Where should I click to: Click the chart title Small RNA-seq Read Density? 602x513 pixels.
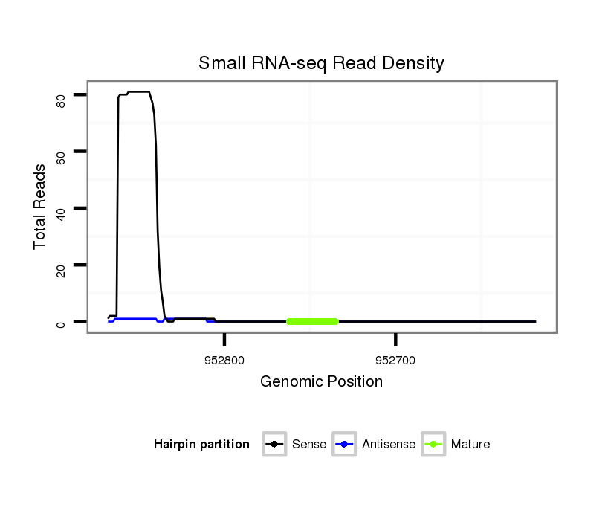pyautogui.click(x=321, y=63)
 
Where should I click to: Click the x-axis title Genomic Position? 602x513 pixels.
pyautogui.click(x=321, y=382)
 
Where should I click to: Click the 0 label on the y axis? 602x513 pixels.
pyautogui.click(x=61, y=323)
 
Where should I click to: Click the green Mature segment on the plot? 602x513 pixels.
pyautogui.click(x=312, y=321)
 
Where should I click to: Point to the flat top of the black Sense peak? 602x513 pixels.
pyautogui.click(x=138, y=91)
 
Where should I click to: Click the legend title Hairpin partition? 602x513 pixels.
pyautogui.click(x=201, y=445)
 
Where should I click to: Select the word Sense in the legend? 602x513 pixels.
pyautogui.click(x=309, y=445)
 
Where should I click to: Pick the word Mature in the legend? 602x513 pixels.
pyautogui.click(x=470, y=445)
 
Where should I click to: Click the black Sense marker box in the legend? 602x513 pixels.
pyautogui.click(x=274, y=445)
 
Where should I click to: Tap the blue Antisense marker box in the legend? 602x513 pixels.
pyautogui.click(x=345, y=445)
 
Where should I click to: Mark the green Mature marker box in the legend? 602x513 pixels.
pyautogui.click(x=433, y=445)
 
